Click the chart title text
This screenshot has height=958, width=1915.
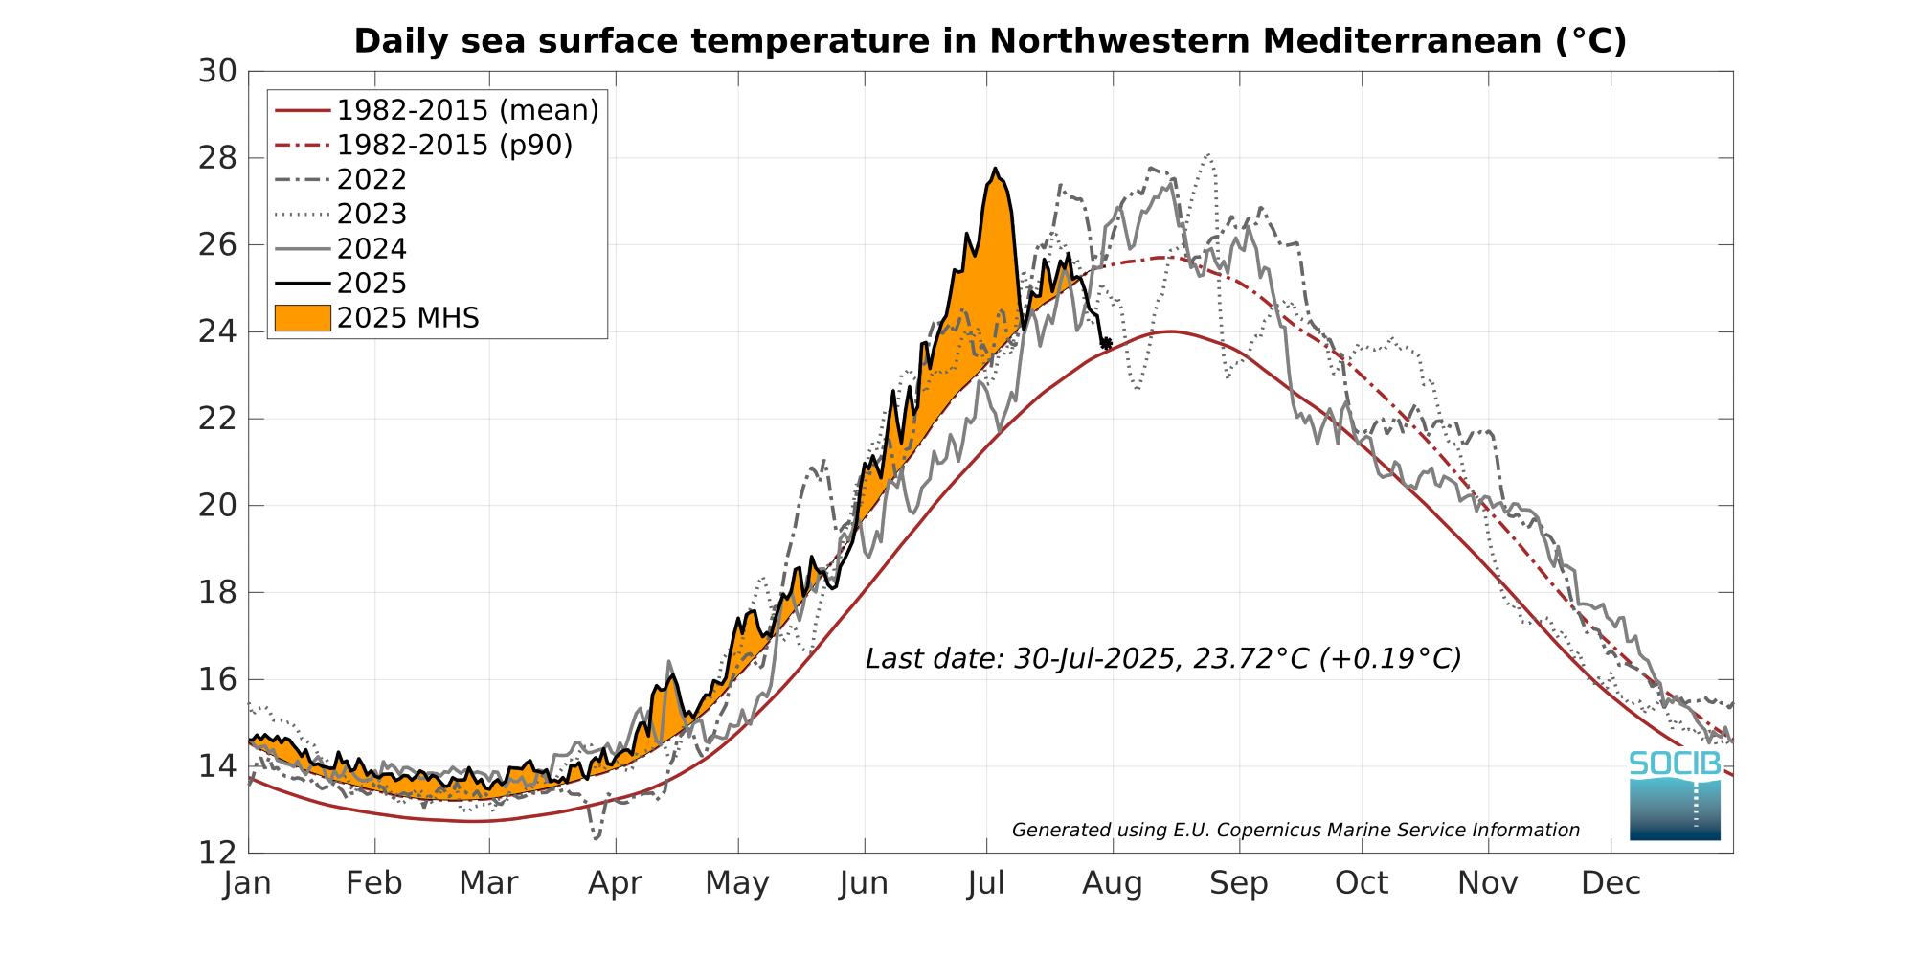[x=990, y=41]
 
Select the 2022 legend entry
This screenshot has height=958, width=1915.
[x=372, y=180]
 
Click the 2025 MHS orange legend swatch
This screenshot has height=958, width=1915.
[x=303, y=318]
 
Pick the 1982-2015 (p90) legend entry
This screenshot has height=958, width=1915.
[x=455, y=146]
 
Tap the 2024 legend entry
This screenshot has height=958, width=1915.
[x=372, y=249]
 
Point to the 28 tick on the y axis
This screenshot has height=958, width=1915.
[x=217, y=158]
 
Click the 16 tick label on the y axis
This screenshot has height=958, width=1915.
[x=217, y=680]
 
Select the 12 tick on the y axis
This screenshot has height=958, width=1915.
[x=217, y=853]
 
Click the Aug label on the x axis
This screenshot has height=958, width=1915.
[x=1112, y=883]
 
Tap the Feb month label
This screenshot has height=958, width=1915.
[x=373, y=883]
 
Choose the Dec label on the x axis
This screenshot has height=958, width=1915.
[x=1611, y=883]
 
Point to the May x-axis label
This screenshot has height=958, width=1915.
[x=737, y=883]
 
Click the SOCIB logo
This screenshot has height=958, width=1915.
[x=1675, y=795]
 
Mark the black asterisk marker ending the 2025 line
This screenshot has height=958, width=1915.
[x=1106, y=343]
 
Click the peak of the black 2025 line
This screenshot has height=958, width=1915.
[x=996, y=169]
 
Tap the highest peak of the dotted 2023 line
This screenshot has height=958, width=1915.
[x=1209, y=154]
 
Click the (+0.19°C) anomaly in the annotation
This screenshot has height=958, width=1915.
[x=1390, y=659]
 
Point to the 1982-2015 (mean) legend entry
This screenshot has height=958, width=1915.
[x=467, y=111]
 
